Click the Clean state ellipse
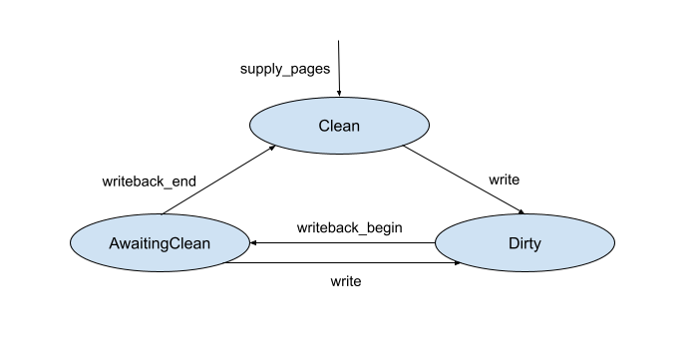click(339, 125)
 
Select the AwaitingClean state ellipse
click(160, 242)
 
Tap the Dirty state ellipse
click(525, 242)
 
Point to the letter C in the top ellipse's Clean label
click(324, 127)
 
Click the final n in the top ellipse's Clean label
click(355, 127)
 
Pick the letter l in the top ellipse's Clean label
click(332, 127)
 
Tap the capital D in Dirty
click(513, 243)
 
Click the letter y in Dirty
click(537, 245)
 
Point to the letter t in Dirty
click(530, 243)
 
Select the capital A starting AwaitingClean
click(114, 243)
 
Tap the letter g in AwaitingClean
click(166, 245)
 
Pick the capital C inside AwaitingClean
click(177, 243)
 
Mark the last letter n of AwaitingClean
click(207, 243)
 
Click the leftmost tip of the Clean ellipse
click(250, 125)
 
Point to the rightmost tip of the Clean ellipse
click(429, 125)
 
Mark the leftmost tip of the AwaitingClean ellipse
click(72, 242)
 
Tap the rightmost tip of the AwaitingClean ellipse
click(248, 242)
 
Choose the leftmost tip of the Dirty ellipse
click(436, 242)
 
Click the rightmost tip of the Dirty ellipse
click(614, 242)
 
